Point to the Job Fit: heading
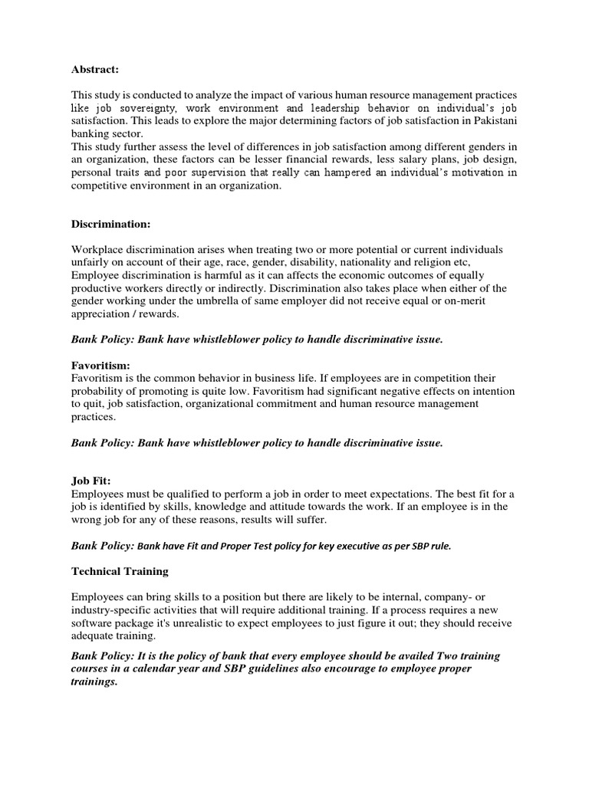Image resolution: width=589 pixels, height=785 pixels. pos(91,481)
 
